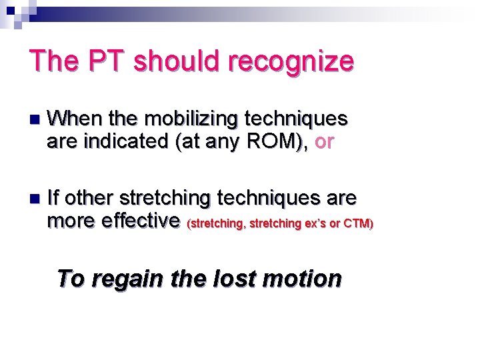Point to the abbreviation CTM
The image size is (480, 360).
pos(357,223)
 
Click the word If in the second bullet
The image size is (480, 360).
pos(55,198)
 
